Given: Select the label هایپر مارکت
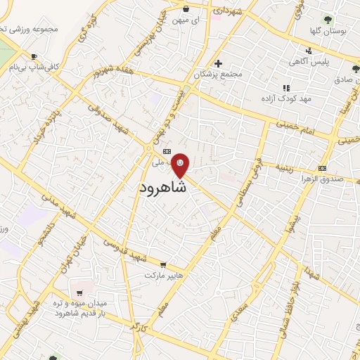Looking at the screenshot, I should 163,275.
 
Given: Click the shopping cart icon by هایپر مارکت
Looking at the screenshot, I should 163,265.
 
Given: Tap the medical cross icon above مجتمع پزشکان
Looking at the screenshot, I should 219,63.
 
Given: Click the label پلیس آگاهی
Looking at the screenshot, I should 307,62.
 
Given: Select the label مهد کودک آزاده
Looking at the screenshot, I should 285,98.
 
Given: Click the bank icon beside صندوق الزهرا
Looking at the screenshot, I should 323,168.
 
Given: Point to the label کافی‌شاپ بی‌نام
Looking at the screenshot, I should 32,67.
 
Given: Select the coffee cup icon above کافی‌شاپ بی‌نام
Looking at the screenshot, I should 34,56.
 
